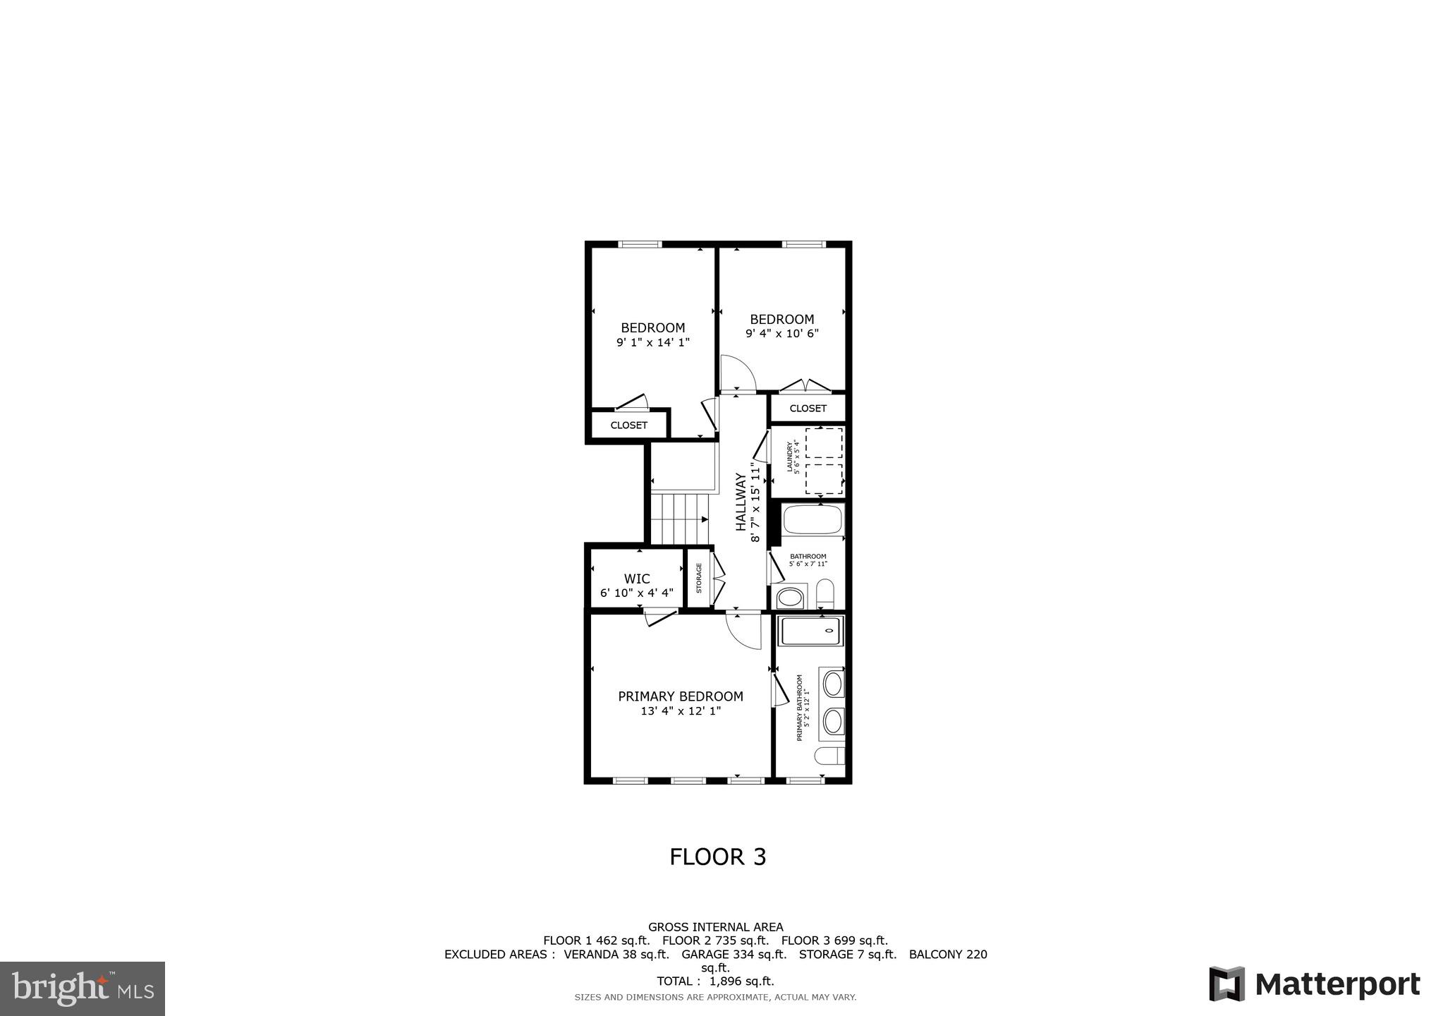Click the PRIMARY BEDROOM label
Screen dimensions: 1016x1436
[680, 696]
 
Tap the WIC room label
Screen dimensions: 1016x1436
[637, 579]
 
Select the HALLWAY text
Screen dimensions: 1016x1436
[741, 502]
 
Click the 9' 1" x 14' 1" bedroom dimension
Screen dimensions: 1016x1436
[652, 343]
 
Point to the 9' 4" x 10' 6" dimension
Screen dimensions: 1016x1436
[781, 334]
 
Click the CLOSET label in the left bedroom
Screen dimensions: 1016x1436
[628, 425]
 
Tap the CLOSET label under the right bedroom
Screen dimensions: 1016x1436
[808, 409]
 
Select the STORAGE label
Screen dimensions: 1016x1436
[699, 578]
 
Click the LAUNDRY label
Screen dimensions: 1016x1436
[790, 457]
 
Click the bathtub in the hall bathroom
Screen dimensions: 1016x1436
[813, 520]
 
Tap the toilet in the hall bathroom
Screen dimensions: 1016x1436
[825, 593]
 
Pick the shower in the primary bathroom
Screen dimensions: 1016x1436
[811, 630]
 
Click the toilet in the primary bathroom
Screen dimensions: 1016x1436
[829, 756]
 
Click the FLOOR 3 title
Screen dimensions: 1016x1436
[717, 857]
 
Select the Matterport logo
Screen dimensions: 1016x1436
[1315, 984]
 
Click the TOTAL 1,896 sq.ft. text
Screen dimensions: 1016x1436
[715, 981]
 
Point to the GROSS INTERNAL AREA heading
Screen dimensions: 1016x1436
[715, 927]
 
